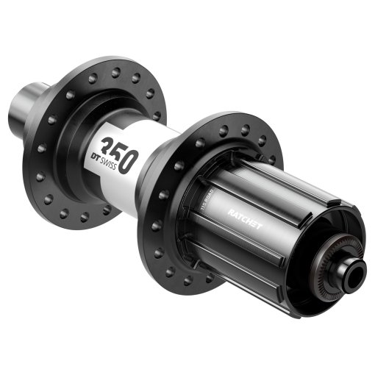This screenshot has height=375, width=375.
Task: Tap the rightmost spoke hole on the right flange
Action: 274,159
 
